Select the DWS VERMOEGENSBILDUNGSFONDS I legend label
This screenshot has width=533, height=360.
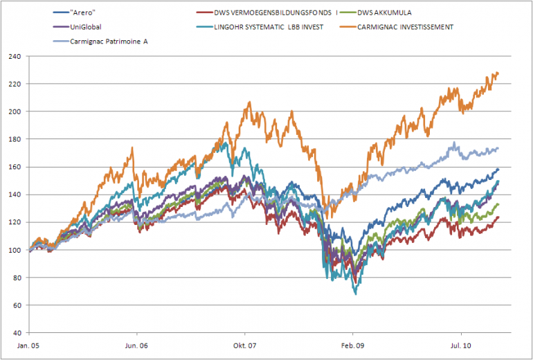(274, 12)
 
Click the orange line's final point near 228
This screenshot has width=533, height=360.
(498, 73)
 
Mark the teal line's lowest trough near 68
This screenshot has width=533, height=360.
(356, 294)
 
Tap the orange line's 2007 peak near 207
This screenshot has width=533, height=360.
(249, 102)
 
